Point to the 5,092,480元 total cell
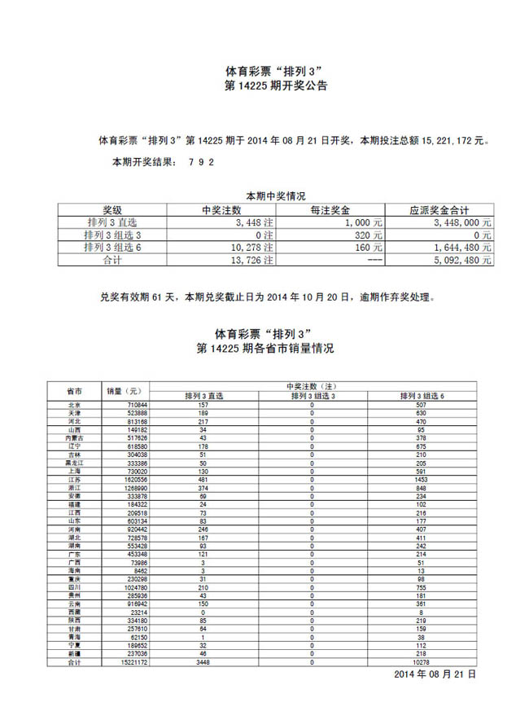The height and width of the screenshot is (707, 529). click(x=462, y=260)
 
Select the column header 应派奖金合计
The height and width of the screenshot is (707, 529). click(x=439, y=209)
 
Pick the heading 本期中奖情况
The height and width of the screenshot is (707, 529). click(x=275, y=195)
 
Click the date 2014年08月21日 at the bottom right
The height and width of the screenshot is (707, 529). click(x=435, y=675)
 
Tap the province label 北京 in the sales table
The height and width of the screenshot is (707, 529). click(x=73, y=405)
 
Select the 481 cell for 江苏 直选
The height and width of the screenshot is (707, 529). click(x=204, y=481)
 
